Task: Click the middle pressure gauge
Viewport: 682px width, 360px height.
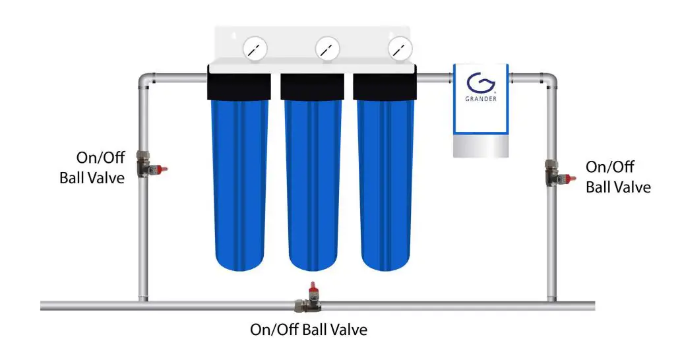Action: point(327,48)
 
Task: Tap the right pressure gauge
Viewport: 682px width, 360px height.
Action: point(400,48)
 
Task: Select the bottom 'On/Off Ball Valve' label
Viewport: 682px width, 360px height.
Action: point(308,329)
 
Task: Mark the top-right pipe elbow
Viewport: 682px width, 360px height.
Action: point(549,80)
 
